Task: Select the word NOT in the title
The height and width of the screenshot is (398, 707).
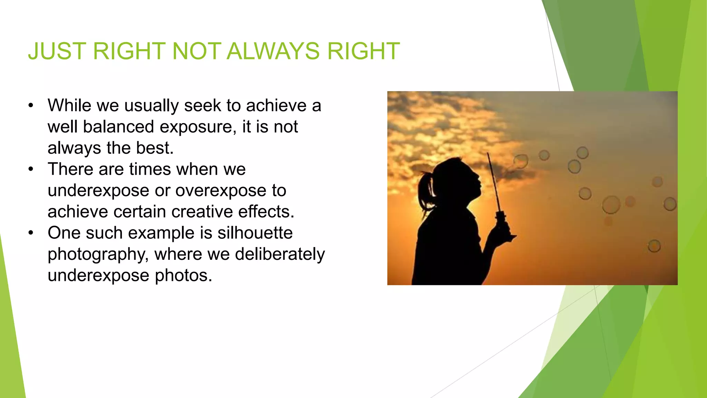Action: (196, 51)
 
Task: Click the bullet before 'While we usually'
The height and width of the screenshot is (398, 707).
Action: (31, 105)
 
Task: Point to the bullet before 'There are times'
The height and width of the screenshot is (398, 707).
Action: (31, 169)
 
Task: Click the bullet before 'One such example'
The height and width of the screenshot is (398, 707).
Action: (31, 233)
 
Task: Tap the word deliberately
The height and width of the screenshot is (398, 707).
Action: (280, 254)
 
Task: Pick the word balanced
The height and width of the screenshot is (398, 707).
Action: (118, 127)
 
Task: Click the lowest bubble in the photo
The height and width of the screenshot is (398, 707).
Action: (654, 246)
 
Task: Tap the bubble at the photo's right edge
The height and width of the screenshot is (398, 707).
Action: (670, 204)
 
